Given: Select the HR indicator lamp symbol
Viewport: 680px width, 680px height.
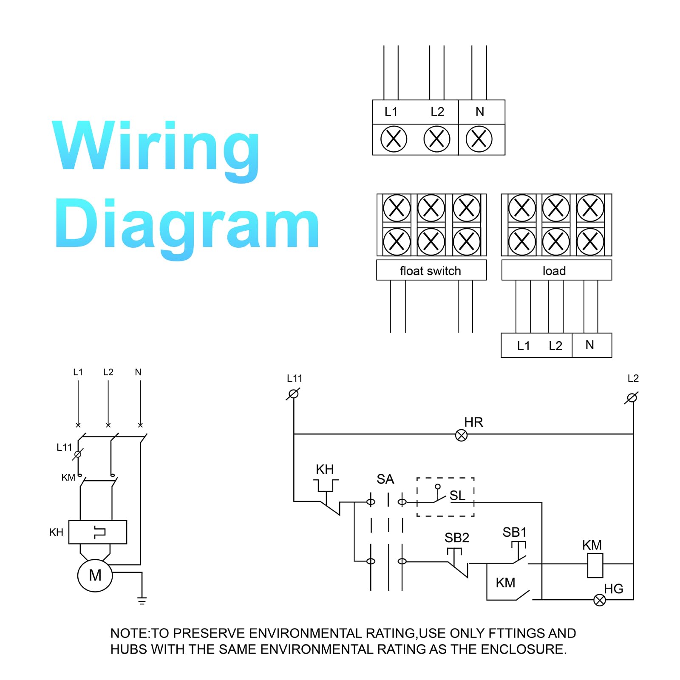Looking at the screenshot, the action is pyautogui.click(x=461, y=435).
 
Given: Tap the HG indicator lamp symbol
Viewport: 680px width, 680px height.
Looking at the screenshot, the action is pyautogui.click(x=600, y=600).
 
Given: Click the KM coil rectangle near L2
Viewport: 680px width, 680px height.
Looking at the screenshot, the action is pyautogui.click(x=595, y=565).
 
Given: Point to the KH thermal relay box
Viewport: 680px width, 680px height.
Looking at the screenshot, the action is pyautogui.click(x=98, y=532).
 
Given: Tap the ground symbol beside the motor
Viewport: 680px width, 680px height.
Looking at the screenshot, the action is pyautogui.click(x=142, y=601).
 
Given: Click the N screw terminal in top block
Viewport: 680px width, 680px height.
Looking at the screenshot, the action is pyautogui.click(x=479, y=139).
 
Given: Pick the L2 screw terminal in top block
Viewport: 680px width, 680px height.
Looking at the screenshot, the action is pyautogui.click(x=437, y=139).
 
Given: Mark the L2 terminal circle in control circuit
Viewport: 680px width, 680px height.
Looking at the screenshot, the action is pyautogui.click(x=632, y=398).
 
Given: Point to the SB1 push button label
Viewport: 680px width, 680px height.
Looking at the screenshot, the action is pyautogui.click(x=515, y=532).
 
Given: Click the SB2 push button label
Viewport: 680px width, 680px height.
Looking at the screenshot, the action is pyautogui.click(x=457, y=538).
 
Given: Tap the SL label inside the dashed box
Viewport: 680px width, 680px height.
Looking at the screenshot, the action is pyautogui.click(x=457, y=496).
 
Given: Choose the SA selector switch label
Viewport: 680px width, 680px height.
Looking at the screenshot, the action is pyautogui.click(x=385, y=479).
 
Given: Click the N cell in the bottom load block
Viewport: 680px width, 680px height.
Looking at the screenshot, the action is pyautogui.click(x=592, y=345).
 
